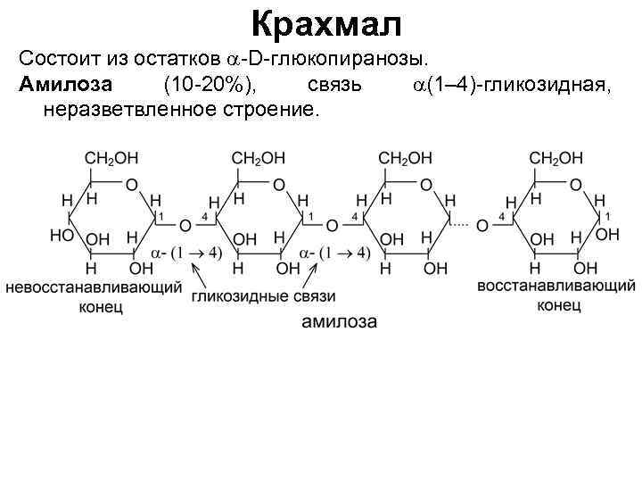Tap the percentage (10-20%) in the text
[x=212, y=85]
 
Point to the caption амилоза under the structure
[x=338, y=321]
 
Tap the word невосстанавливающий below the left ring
[x=94, y=287]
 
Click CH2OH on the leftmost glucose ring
[x=111, y=158]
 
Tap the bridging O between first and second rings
[x=185, y=225]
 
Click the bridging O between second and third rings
[x=332, y=225]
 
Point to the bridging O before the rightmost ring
[x=481, y=225]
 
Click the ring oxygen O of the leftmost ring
[x=131, y=185]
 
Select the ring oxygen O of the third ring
[x=425, y=185]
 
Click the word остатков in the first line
[x=175, y=59]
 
